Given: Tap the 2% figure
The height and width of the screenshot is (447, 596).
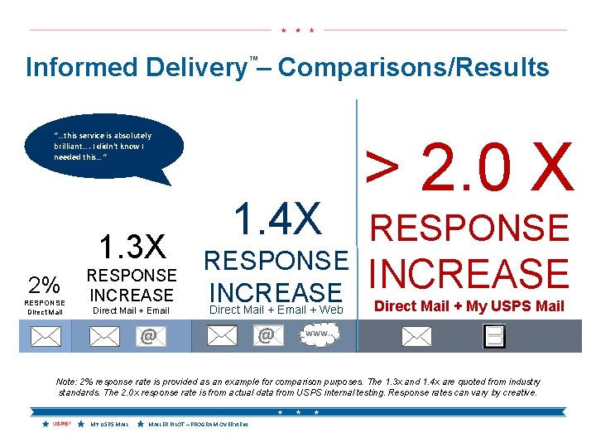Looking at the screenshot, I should pos(44,285).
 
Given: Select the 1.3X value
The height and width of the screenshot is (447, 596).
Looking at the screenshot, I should pos(133,248).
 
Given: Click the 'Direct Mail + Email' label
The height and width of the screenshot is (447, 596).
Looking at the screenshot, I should pos(131,310).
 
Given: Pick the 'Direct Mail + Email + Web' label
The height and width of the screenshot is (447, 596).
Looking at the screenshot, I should pos(276,310).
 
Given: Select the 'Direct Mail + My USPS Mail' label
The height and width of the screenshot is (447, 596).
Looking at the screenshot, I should pos(469,306).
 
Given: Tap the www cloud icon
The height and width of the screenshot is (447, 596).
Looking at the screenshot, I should pos(316,334).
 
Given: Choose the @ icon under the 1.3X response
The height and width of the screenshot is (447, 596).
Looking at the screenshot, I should pos(148,336).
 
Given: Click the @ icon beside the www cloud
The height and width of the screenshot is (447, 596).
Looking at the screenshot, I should pos(266,336).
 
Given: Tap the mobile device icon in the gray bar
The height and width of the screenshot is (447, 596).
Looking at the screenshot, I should pos(494,335).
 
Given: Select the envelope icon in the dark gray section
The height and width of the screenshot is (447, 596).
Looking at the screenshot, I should pos(416,336).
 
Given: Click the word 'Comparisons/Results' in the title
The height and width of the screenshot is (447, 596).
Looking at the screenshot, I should pos(413,67).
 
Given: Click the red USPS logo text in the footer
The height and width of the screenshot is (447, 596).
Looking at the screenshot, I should pos(61,425).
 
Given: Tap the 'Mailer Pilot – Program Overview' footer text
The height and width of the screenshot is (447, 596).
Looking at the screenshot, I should pos(198,425).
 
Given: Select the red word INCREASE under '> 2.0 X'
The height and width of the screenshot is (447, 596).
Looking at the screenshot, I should pos(469,274).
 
